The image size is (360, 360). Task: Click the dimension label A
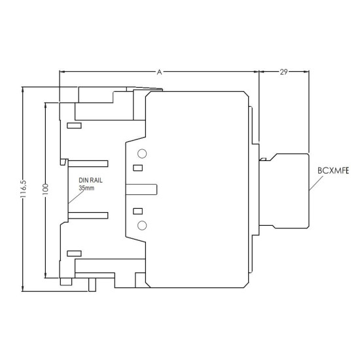pyautogui.click(x=159, y=72)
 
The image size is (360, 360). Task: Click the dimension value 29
pyautogui.click(x=283, y=72)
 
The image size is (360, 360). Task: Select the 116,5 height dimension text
pyautogui.click(x=24, y=189)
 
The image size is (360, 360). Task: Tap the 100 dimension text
pyautogui.click(x=45, y=189)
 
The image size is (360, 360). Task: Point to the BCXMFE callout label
pyautogui.click(x=333, y=171)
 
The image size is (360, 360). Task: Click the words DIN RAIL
pyautogui.click(x=90, y=180)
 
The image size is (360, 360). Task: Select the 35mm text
pyautogui.click(x=86, y=188)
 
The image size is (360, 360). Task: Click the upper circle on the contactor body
pyautogui.click(x=142, y=154)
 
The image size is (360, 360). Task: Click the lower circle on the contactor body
pyautogui.click(x=142, y=225)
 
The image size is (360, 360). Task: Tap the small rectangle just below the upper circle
pyautogui.click(x=137, y=168)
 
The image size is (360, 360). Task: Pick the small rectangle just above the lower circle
pyautogui.click(x=137, y=211)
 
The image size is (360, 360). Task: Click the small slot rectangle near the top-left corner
pyautogui.click(x=74, y=126)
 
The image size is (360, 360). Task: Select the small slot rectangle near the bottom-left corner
pyautogui.click(x=74, y=253)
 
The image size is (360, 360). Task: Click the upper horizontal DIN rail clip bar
pyautogui.click(x=88, y=164)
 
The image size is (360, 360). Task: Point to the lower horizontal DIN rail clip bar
pyautogui.click(x=88, y=215)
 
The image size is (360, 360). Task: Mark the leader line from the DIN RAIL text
pyautogui.click(x=76, y=197)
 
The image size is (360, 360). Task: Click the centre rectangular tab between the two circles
pyautogui.click(x=141, y=189)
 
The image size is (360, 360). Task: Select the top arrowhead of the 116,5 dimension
pyautogui.click(x=22, y=90)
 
